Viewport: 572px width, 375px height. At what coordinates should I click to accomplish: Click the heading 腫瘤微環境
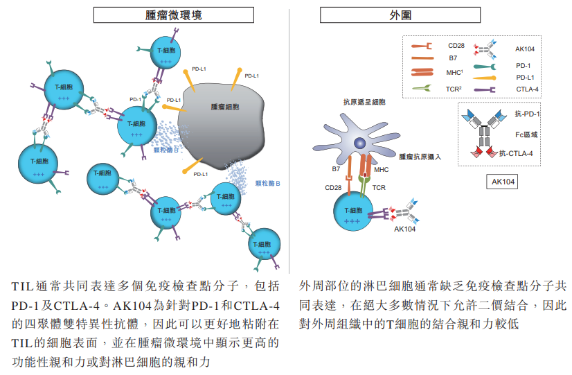tap(148, 15)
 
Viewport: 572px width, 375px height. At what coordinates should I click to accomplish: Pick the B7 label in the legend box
tap(453, 59)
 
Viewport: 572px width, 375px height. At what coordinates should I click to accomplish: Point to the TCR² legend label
tap(454, 89)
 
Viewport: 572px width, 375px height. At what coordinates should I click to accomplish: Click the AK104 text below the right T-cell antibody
tap(405, 229)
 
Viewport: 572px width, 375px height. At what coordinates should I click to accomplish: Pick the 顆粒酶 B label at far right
tap(268, 184)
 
